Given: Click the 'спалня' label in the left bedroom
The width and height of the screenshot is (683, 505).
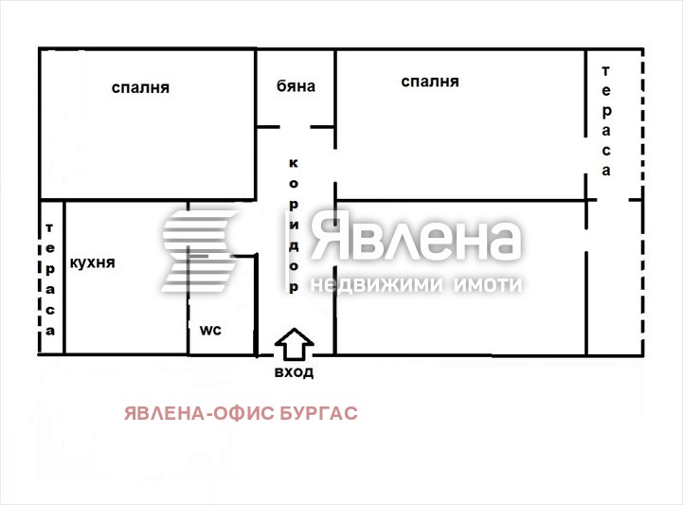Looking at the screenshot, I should point(140,88).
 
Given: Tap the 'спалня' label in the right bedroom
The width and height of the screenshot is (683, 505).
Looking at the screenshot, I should point(429,82).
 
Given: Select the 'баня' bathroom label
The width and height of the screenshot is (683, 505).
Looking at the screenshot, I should point(295,86).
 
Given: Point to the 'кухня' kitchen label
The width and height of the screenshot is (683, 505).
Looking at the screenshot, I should point(93,263).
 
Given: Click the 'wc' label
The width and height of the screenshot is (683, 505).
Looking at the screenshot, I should point(209,330).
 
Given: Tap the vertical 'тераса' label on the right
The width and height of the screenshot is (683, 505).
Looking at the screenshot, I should point(605,121).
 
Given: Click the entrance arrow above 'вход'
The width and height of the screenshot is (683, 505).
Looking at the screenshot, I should point(295,343).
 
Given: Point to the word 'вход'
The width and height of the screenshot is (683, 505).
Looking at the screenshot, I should point(295,372).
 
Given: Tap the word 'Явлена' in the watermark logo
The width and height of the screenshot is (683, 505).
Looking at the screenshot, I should point(417,239).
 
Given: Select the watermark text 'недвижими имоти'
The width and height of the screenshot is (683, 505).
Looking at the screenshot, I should point(417,284).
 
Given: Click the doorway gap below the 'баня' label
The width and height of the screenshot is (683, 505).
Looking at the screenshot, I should point(295,126).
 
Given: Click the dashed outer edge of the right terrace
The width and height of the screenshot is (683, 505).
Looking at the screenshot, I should point(642,123).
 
